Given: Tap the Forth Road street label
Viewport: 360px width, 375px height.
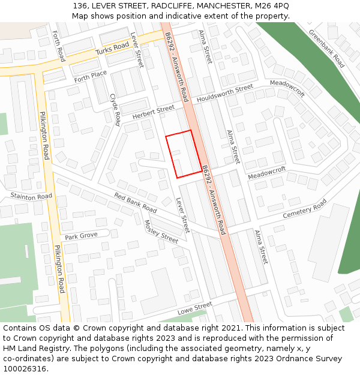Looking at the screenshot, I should [58, 46].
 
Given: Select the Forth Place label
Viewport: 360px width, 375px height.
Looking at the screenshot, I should [91, 76].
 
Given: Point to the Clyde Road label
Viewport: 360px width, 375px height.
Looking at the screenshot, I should [115, 109].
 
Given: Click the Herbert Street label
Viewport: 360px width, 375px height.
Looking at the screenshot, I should [153, 112].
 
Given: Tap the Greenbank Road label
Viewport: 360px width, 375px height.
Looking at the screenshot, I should [326, 48].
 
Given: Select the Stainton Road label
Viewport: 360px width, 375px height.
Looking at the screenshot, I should [31, 196].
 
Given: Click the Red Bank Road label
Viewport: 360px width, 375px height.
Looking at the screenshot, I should [135, 203].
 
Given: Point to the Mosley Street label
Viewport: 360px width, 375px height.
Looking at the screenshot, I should [161, 232].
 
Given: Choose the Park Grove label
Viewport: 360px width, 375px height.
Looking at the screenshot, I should [81, 236].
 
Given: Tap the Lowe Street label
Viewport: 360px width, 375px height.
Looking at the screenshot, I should [195, 308].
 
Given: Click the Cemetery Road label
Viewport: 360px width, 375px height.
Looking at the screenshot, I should [305, 209].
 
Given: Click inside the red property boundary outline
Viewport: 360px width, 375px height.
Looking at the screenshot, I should [184, 154].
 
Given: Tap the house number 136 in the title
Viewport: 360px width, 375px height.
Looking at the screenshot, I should [80, 5].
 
